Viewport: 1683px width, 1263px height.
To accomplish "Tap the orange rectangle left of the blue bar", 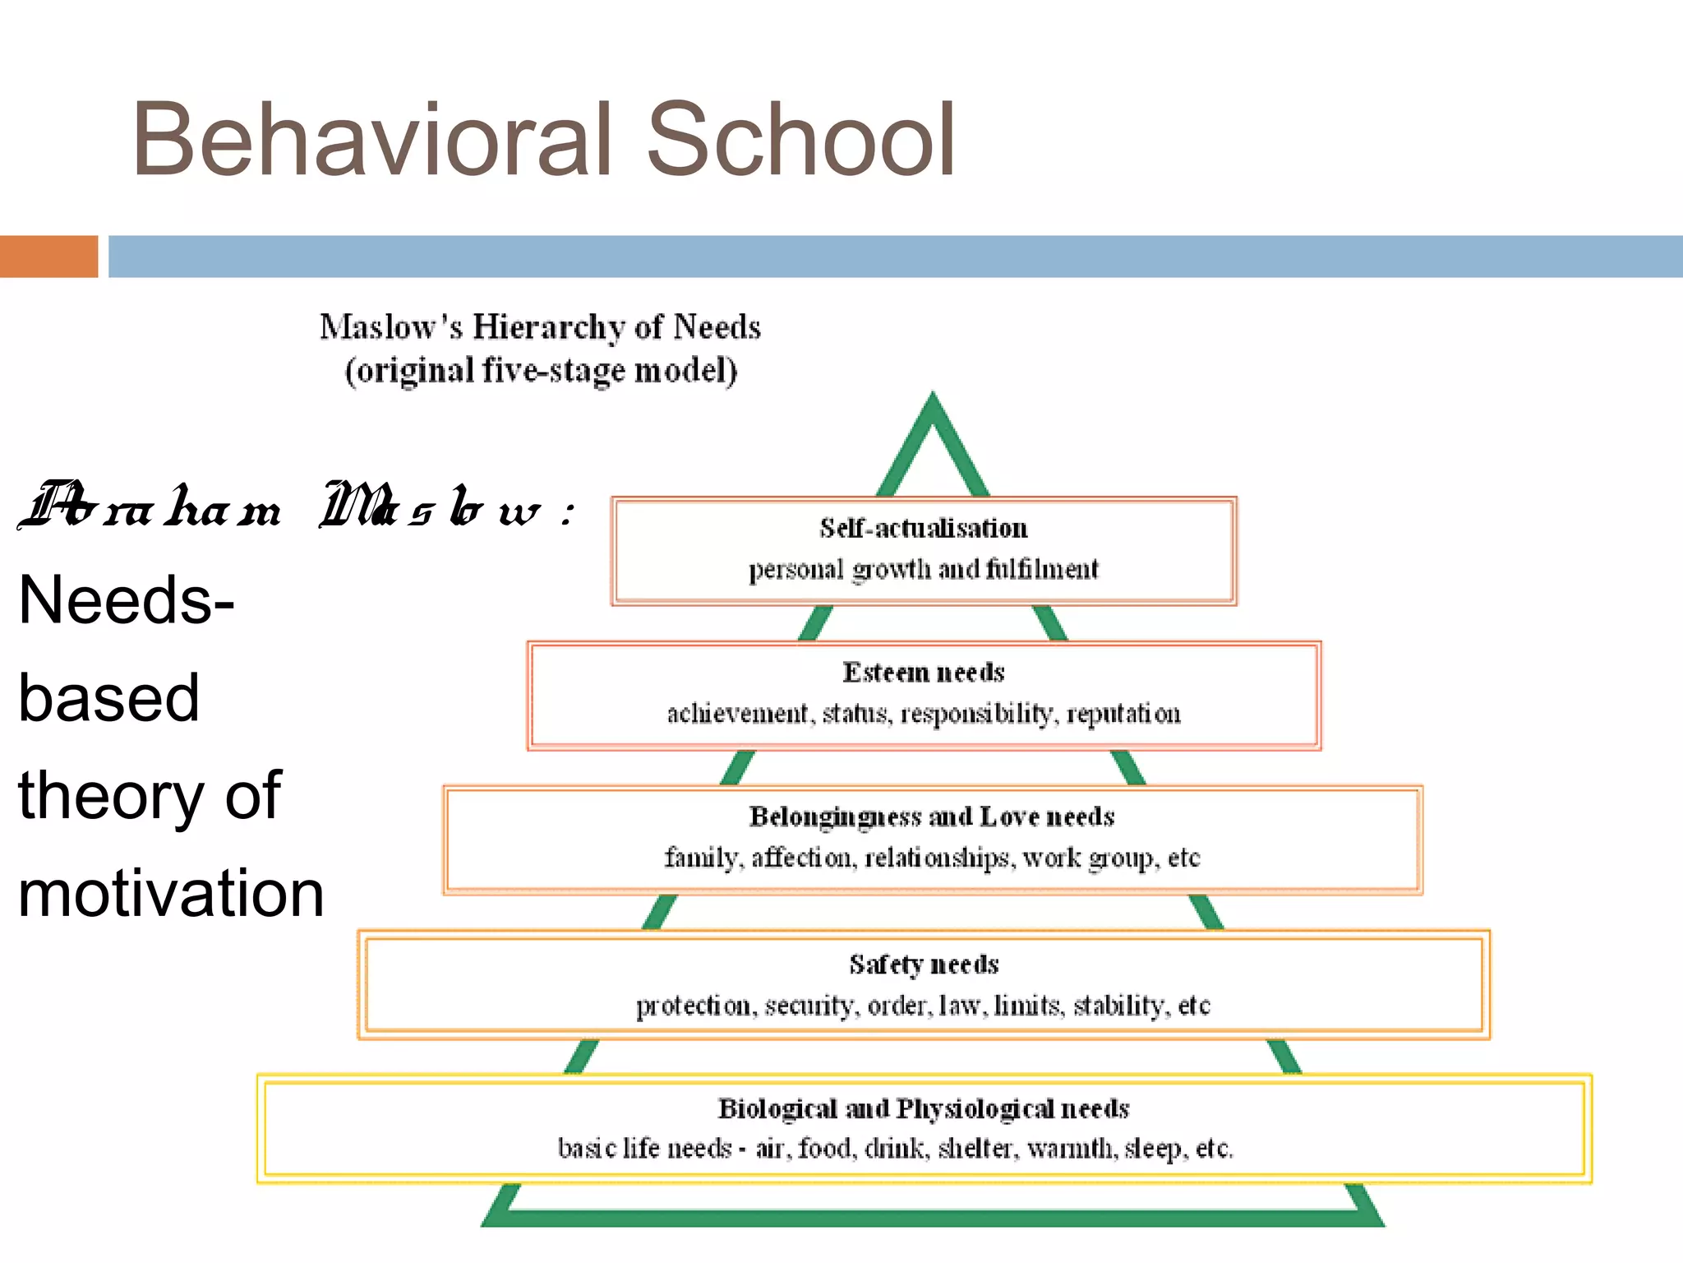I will point(48,257).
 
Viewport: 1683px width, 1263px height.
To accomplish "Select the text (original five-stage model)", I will point(541,371).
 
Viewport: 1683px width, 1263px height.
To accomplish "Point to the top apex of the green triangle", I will point(933,400).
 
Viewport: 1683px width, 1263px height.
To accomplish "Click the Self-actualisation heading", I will point(923,528).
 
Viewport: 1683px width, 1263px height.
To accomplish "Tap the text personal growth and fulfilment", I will point(923,569).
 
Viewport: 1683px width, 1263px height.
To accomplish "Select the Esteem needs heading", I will point(923,673).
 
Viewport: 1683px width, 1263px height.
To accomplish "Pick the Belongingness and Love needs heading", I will point(931,817).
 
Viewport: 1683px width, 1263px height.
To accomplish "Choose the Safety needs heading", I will point(924,964).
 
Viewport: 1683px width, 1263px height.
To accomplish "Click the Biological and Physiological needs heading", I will point(923,1108).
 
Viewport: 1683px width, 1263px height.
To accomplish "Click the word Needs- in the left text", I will point(126,600).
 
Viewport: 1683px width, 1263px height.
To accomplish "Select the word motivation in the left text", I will point(171,893).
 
